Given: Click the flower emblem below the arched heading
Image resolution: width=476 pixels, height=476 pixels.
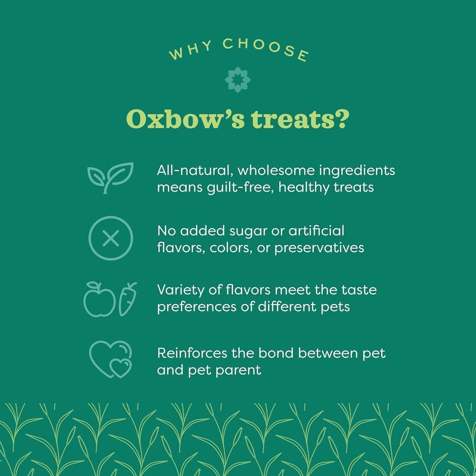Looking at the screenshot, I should [238, 80].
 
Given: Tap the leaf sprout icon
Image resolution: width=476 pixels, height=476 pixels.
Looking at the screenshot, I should [110, 178].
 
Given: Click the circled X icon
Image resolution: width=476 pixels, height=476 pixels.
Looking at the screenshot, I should [111, 238].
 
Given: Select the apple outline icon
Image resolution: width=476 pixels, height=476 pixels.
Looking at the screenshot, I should [99, 299].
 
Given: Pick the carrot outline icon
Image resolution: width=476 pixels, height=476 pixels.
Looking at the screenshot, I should [127, 299].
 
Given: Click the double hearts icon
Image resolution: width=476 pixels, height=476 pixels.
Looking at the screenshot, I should [111, 359].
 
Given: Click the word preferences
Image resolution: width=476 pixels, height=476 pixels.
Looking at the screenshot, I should [197, 307].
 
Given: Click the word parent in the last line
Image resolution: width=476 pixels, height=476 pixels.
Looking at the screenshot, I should [241, 371].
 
